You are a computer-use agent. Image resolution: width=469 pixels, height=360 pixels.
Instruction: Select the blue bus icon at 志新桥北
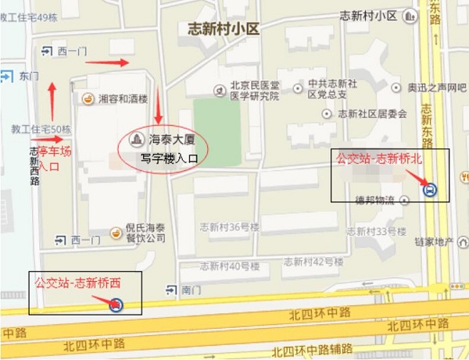(x=429, y=188)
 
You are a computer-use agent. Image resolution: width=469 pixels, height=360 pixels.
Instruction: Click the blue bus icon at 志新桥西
(x=116, y=305)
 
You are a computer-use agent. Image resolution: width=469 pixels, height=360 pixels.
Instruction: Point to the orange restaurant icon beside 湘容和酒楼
(x=88, y=99)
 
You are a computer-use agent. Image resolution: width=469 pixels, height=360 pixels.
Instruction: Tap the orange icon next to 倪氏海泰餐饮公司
(x=116, y=232)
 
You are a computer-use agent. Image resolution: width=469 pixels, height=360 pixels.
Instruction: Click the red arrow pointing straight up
(x=52, y=95)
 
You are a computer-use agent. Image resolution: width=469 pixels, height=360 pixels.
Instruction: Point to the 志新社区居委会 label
(x=372, y=113)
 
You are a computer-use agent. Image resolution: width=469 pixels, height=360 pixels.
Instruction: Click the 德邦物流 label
(x=374, y=200)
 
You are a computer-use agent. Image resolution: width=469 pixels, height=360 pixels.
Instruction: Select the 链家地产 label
(x=434, y=242)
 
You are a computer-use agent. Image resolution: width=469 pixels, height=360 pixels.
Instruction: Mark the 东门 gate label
(x=29, y=76)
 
